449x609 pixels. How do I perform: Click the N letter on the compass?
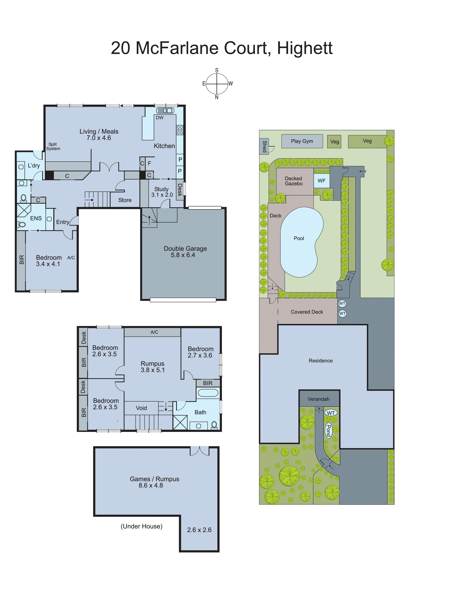coord(217,97)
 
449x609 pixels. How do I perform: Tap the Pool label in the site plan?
coord(299,238)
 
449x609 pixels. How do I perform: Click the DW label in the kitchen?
coord(160,118)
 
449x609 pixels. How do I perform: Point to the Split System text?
coord(53,146)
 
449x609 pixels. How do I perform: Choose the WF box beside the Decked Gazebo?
coord(322,181)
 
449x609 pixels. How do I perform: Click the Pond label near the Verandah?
coord(328,430)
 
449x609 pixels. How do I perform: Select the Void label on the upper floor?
coord(141,408)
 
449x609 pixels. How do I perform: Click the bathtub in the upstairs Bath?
coord(208,393)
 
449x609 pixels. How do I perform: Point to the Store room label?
coord(125,200)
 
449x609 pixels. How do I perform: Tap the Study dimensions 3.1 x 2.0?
coord(162,195)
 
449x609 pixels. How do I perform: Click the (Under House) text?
coord(141,526)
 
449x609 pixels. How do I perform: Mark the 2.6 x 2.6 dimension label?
coord(199,530)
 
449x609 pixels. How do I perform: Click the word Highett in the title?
coord(304,48)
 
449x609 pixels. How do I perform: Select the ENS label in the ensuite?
coord(36,218)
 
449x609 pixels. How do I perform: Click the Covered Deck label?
coord(307,312)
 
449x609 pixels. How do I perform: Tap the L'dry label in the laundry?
coord(34,165)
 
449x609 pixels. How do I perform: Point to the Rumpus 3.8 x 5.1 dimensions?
coord(152,370)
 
